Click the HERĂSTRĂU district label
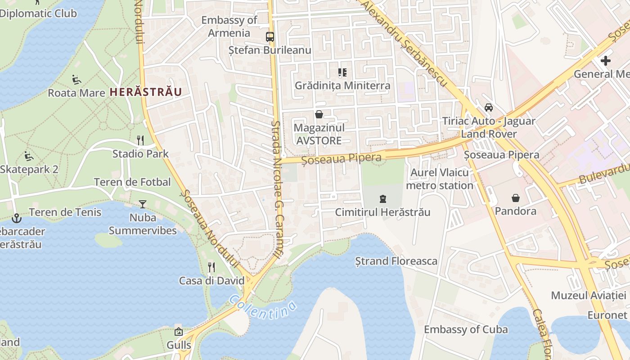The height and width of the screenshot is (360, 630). (146, 92)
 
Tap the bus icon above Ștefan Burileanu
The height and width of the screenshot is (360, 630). (270, 37)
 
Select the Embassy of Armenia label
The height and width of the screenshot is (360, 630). (229, 27)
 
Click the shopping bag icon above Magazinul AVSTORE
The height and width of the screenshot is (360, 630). (319, 114)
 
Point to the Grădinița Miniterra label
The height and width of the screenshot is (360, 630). (342, 85)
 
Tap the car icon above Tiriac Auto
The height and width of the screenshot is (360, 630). (488, 108)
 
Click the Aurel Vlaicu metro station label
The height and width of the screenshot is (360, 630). (440, 179)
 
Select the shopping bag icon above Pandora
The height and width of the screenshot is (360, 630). (515, 198)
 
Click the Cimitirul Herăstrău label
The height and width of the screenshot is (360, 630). (382, 212)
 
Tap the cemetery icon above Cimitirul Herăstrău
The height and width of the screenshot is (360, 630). (383, 198)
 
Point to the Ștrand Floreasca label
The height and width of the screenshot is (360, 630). (396, 261)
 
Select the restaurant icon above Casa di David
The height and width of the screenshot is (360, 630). (211, 267)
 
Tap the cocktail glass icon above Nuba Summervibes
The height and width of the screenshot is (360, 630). (143, 204)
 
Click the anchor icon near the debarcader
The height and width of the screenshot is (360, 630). (17, 218)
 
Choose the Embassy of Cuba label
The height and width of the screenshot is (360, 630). (466, 329)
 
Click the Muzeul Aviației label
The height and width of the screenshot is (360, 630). (589, 296)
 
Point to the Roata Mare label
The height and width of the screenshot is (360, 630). (76, 93)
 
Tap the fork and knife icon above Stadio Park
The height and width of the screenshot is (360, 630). (140, 140)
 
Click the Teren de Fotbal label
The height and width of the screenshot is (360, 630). (132, 182)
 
